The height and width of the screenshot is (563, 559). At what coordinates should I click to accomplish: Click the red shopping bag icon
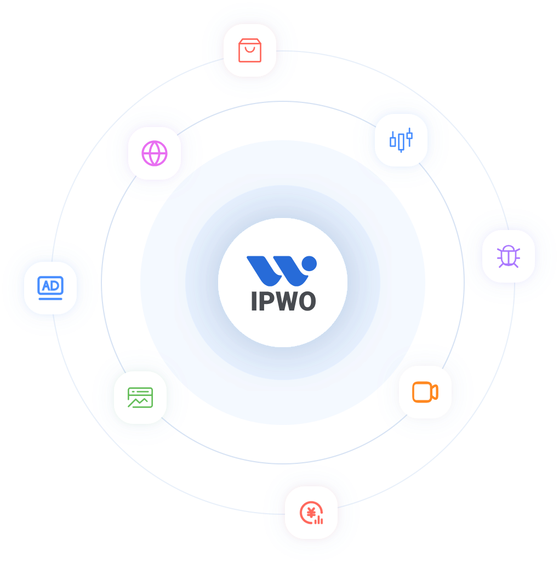(250, 50)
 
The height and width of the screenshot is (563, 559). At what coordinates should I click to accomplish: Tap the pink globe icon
(155, 153)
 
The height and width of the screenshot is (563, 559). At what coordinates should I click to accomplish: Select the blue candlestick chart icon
(401, 140)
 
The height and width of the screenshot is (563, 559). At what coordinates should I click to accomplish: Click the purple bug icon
(509, 256)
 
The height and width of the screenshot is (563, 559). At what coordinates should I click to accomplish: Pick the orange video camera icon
(425, 392)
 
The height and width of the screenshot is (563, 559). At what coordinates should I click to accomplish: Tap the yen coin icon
(311, 513)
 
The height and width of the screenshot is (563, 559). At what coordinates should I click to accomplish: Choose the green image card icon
(140, 398)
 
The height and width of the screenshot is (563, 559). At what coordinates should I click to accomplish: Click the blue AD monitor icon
(50, 288)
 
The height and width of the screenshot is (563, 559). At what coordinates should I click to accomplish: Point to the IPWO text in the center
(283, 301)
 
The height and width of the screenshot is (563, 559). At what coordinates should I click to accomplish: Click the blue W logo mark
(281, 271)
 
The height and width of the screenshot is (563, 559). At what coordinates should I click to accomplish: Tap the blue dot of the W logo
(309, 263)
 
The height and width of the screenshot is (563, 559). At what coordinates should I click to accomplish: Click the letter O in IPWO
(307, 301)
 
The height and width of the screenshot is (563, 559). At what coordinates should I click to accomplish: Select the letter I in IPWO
(254, 301)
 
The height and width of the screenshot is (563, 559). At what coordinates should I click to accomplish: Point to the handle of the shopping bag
(250, 49)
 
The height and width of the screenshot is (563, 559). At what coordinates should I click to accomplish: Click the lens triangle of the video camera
(435, 392)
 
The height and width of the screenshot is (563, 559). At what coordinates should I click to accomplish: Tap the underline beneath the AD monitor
(50, 298)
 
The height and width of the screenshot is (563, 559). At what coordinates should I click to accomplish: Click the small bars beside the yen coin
(318, 520)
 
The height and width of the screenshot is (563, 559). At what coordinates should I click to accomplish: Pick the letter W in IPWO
(285, 301)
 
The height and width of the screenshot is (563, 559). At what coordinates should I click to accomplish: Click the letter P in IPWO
(266, 301)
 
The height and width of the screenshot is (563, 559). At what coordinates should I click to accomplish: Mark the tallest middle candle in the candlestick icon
(401, 142)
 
